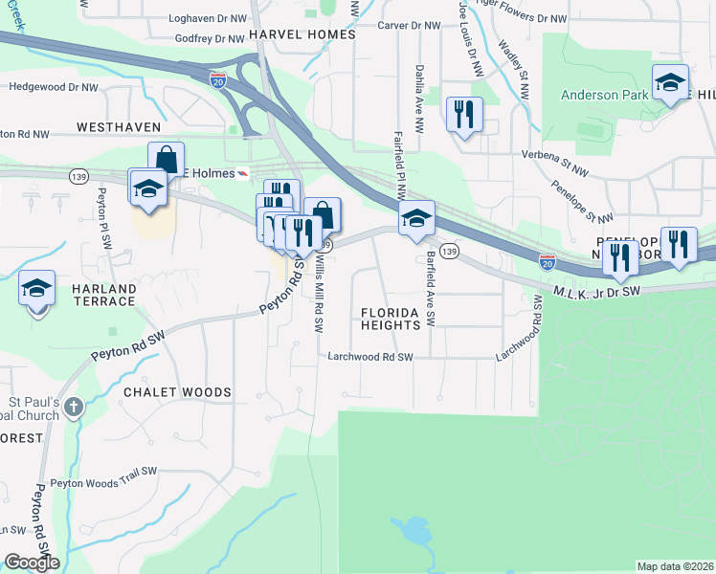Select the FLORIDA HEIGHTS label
(391, 319)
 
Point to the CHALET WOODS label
(177, 392)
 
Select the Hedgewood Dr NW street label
(54, 87)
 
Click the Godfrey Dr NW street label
(210, 39)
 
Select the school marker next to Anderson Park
(670, 83)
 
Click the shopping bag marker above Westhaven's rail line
(166, 159)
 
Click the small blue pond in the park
(414, 529)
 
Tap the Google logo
(32, 563)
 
